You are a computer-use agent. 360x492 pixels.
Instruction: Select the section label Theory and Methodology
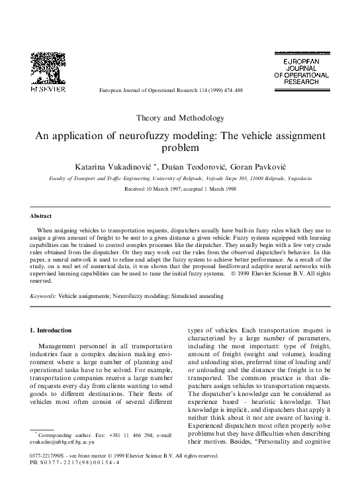coord(180,118)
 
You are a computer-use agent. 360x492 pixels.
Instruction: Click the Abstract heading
coord(42,216)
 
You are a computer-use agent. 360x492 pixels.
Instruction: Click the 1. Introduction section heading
coord(56,329)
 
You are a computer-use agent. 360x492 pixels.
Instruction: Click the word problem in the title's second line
coord(180,148)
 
